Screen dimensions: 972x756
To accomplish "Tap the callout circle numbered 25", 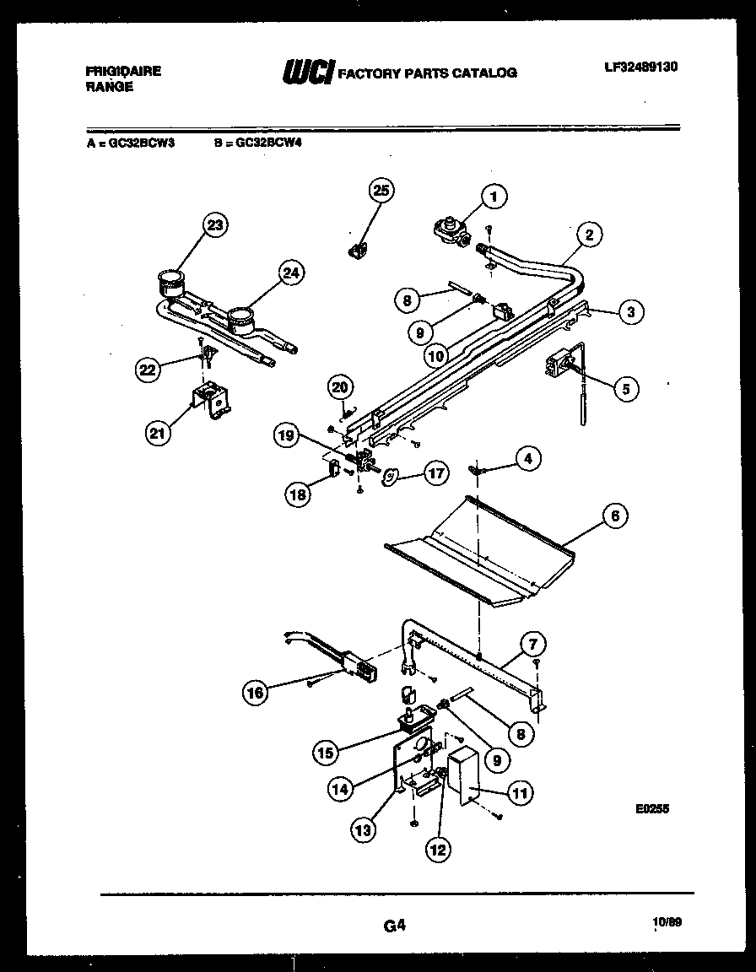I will tap(381, 192).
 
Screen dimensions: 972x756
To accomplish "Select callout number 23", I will tap(216, 225).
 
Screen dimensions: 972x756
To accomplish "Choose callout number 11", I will tap(520, 792).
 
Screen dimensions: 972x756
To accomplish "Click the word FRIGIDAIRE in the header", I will tap(123, 72).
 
